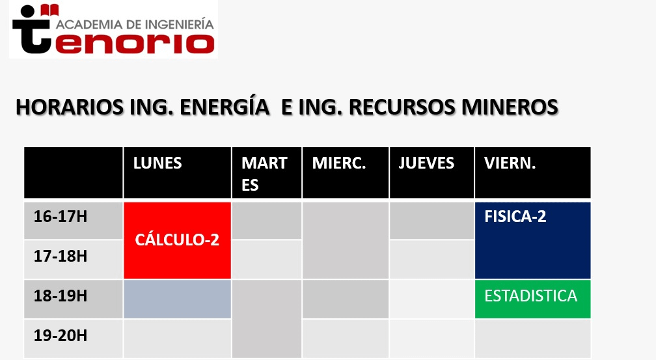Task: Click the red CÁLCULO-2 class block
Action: coord(178,240)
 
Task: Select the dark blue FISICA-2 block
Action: coord(532,240)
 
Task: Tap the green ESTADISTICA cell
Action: coord(532,299)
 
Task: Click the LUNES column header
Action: coord(178,173)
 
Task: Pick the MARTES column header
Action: coord(267,173)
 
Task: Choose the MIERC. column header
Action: coord(346,173)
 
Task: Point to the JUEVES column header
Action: coord(431,173)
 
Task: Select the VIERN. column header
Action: coord(532,173)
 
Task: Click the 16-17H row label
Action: coord(61,216)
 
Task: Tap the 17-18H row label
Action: coord(61,256)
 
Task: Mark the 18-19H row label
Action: coord(61,296)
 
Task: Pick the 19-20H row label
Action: coord(61,335)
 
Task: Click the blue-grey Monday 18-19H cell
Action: coord(178,299)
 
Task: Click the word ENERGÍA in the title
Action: coord(225,106)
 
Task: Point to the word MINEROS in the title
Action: coord(510,107)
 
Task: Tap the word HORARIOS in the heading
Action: coord(70,107)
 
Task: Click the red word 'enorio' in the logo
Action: coord(135,44)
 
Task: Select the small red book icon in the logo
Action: coord(49,10)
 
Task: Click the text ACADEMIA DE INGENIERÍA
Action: coord(135,23)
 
